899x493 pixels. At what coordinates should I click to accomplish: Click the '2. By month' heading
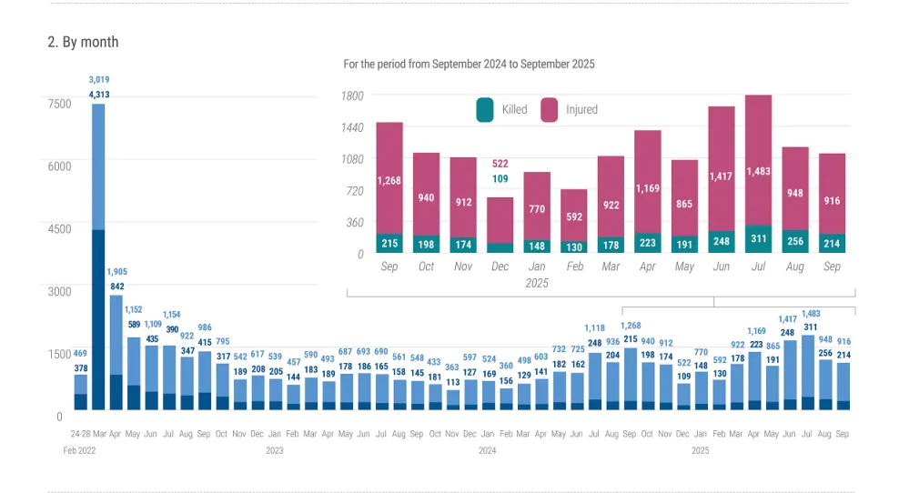point(83,42)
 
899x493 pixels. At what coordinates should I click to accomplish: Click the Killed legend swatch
point(485,110)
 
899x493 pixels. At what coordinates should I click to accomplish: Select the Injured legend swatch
point(550,110)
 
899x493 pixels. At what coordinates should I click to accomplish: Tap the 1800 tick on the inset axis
point(352,96)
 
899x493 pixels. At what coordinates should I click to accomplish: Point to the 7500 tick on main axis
point(59,104)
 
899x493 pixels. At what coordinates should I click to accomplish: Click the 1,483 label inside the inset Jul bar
point(759,172)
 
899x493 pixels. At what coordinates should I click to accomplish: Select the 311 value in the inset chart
point(759,240)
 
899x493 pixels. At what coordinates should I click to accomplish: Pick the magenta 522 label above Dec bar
point(500,164)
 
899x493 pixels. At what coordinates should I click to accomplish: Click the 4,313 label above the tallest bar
point(98,95)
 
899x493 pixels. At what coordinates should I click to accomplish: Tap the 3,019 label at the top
point(98,80)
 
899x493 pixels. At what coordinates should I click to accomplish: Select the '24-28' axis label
point(80,435)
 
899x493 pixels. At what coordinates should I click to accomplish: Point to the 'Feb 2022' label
point(79,450)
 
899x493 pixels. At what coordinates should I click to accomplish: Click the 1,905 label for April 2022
point(116,271)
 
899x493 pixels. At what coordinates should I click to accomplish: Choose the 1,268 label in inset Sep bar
point(389,180)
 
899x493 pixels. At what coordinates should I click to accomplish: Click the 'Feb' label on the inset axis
point(574,267)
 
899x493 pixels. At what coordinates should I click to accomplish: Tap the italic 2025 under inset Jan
point(537,283)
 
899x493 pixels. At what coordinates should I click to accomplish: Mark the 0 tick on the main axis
point(59,417)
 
